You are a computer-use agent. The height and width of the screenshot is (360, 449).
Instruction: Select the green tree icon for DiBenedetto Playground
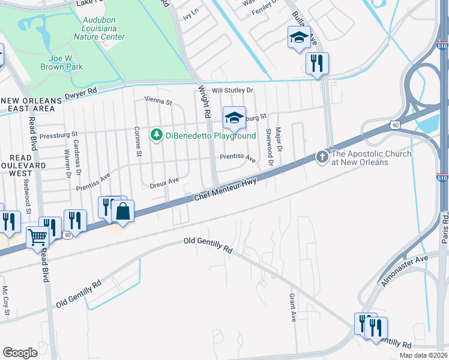click(156, 134)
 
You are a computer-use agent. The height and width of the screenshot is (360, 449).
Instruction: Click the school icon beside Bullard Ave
click(299, 37)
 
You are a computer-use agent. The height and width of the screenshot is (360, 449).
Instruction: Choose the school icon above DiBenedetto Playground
click(235, 117)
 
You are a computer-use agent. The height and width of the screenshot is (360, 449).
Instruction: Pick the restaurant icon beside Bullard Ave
click(317, 63)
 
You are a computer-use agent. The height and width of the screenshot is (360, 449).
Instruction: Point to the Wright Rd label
click(204, 101)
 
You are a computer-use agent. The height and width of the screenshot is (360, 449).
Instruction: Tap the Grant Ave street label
click(293, 307)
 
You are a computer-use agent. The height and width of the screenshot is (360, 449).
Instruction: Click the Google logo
click(20, 353)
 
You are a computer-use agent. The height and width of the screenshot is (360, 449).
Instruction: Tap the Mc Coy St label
click(6, 296)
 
